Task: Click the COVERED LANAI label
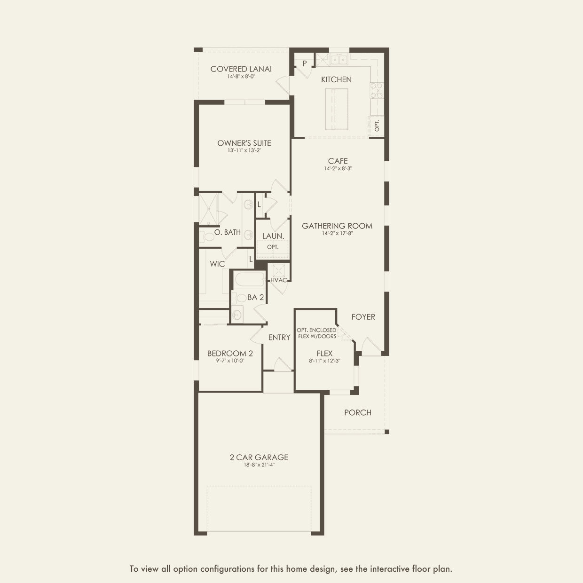[241, 69]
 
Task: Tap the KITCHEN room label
[336, 79]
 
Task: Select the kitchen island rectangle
[337, 109]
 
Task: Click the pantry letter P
[305, 63]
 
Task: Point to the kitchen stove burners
[377, 90]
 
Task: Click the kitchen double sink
[339, 60]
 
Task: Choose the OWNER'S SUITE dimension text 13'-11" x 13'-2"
[244, 150]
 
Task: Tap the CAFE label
[338, 161]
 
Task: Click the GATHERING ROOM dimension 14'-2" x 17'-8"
[337, 233]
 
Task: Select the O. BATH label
[228, 232]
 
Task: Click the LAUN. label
[273, 236]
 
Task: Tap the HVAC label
[279, 280]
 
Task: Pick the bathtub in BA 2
[250, 279]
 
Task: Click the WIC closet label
[217, 264]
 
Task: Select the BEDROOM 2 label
[230, 354]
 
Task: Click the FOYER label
[363, 317]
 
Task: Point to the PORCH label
[358, 412]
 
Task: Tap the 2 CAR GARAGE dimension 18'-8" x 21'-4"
[259, 465]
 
